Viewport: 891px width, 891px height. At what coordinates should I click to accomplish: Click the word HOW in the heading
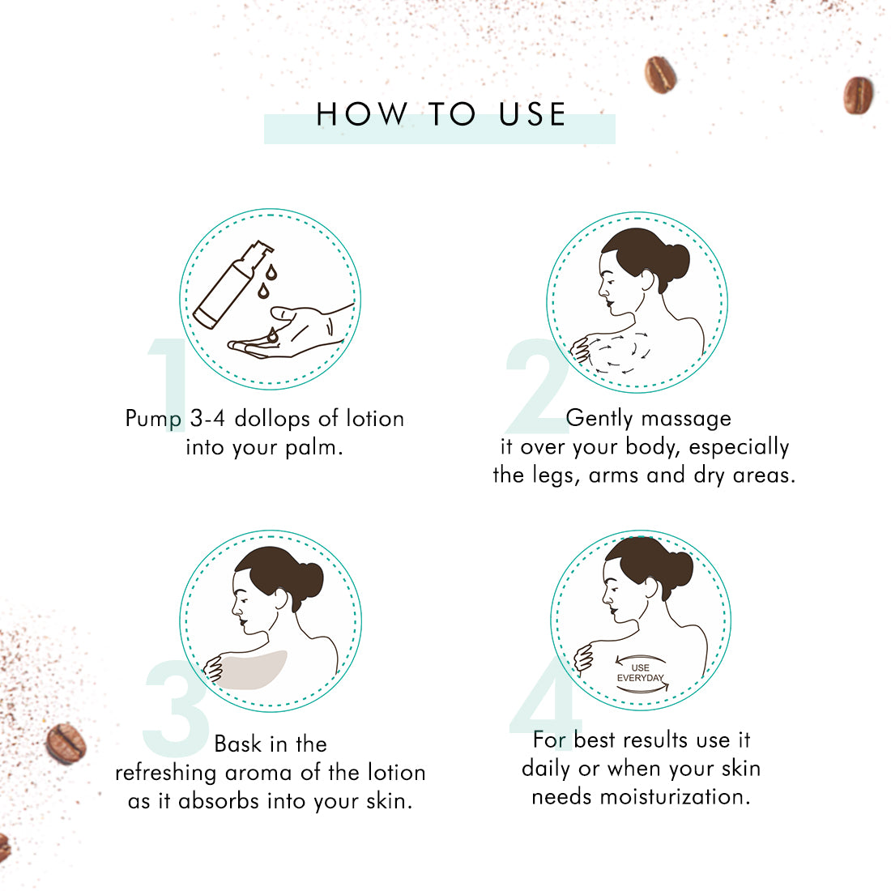tap(362, 114)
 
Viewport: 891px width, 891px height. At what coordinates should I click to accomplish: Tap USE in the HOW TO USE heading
tap(532, 114)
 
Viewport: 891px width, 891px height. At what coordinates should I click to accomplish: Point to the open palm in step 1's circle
tap(290, 332)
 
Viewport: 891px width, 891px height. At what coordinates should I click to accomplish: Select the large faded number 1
tap(168, 385)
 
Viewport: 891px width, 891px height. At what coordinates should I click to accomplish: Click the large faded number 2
tap(536, 386)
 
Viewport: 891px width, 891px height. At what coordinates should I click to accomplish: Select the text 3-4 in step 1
tap(207, 419)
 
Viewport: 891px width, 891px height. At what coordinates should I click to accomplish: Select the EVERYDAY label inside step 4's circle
tap(641, 678)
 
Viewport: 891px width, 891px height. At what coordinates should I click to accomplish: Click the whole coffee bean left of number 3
tap(66, 744)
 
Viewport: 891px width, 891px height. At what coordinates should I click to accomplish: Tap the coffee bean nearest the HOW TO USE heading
tap(660, 75)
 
